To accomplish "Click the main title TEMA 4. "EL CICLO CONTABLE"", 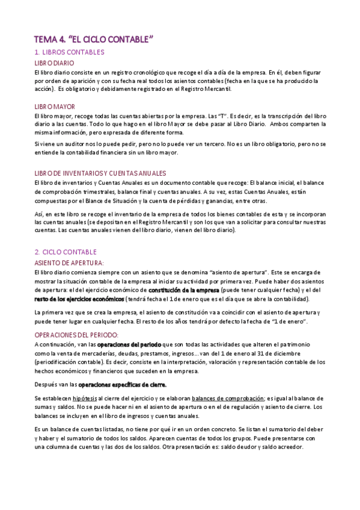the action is coord(94,40).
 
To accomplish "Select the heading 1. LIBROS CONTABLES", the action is coord(69,53).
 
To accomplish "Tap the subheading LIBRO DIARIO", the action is coord(54,63).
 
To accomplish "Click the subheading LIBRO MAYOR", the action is coord(54,106).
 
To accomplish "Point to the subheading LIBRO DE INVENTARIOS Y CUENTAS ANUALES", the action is coord(100,173).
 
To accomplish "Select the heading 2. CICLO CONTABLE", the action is coord(66,252).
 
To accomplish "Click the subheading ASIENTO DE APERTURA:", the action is coord(69,263).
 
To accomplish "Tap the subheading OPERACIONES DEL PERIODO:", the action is coord(76,334).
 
